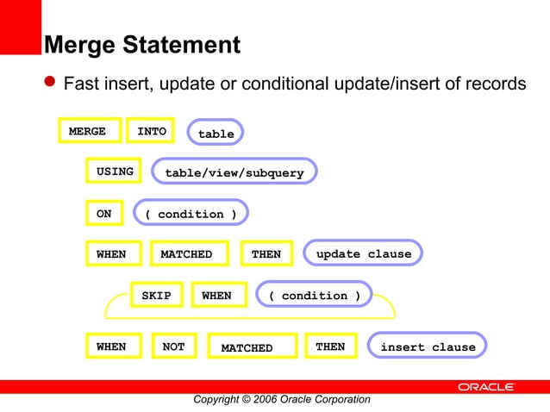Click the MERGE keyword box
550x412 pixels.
[x=89, y=131]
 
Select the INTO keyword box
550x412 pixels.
[x=151, y=131]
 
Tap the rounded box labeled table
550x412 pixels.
[x=216, y=133]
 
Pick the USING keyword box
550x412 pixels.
[x=115, y=172]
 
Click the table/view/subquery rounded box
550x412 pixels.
[x=234, y=172]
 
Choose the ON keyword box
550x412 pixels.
[x=104, y=213]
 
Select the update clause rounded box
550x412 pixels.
[x=363, y=253]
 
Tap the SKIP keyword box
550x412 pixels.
[x=156, y=295]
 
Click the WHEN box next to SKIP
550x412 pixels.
[x=217, y=295]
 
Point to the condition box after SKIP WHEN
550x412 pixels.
[x=315, y=295]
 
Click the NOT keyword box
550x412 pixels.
[x=173, y=346]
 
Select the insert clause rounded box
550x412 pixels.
[x=428, y=346]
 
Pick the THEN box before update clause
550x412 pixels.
[x=266, y=253]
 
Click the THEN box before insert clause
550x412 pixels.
[x=330, y=346]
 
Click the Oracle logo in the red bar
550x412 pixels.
[x=485, y=387]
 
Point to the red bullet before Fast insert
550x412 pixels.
[x=51, y=83]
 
